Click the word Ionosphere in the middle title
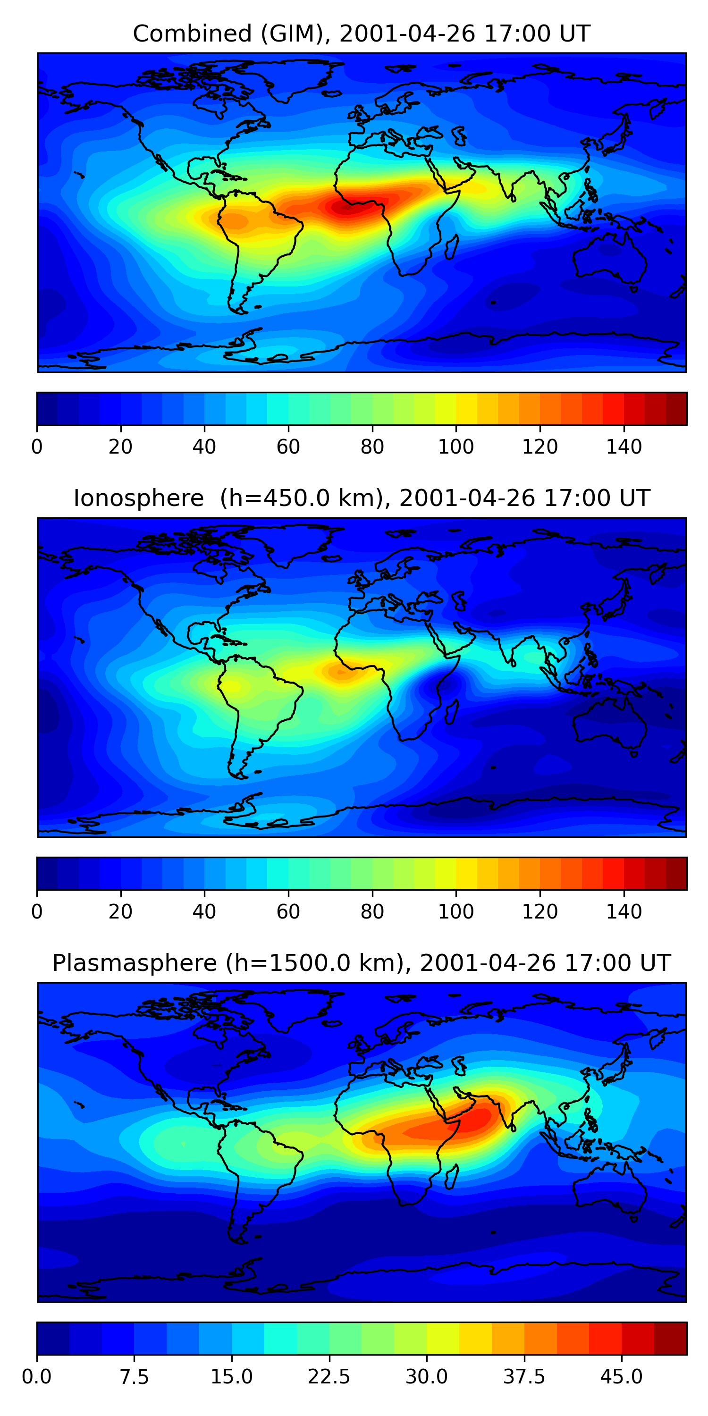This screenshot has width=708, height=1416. point(138,498)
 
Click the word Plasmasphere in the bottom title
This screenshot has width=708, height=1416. point(135,962)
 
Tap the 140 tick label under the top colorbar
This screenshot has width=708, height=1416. point(624,447)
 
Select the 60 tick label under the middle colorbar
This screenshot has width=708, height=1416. point(288,911)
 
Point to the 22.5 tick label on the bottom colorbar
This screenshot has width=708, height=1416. point(329,1376)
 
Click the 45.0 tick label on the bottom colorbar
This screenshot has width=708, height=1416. point(621,1376)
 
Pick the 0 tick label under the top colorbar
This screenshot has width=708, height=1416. point(37,447)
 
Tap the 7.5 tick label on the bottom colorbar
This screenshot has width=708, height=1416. point(134,1376)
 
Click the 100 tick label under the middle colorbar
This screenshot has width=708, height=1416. point(455,911)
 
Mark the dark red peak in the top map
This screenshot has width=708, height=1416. point(345,207)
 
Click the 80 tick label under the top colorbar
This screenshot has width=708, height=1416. point(372,447)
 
